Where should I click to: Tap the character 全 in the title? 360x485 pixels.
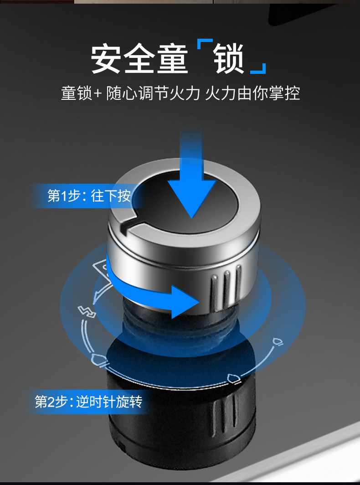pos(139,59)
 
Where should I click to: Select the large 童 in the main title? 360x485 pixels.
pos(172,59)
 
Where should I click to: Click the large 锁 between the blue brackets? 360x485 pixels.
pos(229,58)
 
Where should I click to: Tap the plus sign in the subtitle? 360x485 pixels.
pos(97,93)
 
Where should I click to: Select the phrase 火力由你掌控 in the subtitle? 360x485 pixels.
pos(252,93)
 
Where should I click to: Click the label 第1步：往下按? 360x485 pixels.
pos(89,196)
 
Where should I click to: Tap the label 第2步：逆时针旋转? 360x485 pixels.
pos(88,402)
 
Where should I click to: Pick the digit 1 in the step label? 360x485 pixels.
pos(64,196)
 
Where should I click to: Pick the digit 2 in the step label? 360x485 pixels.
pos(51,402)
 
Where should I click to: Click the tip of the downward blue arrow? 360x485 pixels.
pos(192,218)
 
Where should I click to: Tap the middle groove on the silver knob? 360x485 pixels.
pos(227,289)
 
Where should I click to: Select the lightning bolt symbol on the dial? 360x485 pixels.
pos(87,311)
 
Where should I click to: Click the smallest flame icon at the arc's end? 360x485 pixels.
pos(277,342)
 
